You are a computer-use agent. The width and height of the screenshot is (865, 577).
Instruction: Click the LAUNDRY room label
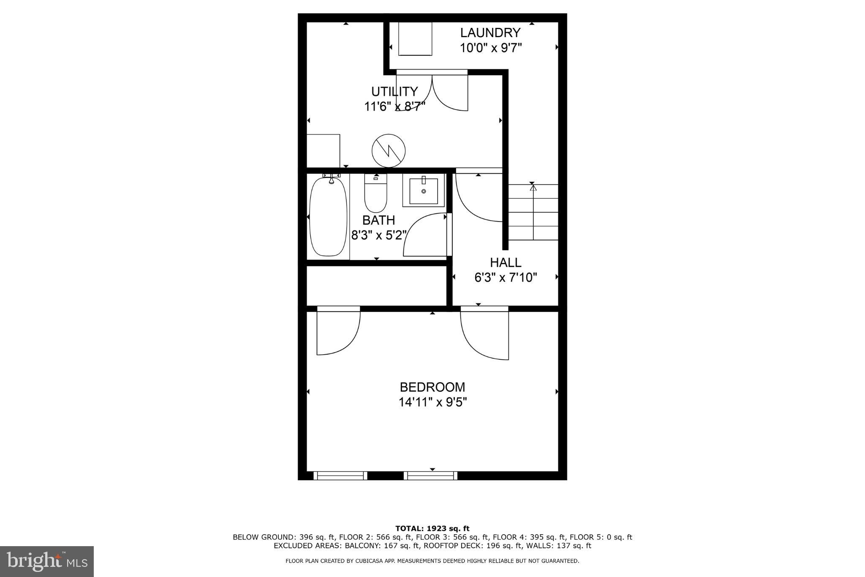(x=490, y=33)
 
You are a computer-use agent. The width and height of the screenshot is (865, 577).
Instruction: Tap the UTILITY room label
(x=394, y=91)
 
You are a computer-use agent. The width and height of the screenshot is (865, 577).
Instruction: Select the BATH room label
(x=378, y=220)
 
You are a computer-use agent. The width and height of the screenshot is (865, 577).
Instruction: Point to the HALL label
(x=506, y=263)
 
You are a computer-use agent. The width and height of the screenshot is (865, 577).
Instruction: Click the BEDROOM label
(x=432, y=387)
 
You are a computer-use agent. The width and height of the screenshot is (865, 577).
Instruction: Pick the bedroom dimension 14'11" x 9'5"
(x=432, y=402)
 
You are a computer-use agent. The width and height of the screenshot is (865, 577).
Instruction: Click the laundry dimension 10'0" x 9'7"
(x=490, y=48)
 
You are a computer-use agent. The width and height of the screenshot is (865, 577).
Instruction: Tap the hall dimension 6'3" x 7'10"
(x=506, y=278)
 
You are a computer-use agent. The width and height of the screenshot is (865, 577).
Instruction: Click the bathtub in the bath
(x=329, y=216)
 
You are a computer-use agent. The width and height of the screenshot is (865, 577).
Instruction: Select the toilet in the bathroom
(x=375, y=194)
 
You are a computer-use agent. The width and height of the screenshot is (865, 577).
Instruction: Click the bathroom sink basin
(x=423, y=191)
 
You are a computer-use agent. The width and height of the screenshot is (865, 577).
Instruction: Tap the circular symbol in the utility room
(x=389, y=150)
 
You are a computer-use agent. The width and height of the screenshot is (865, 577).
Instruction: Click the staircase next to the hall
(x=533, y=212)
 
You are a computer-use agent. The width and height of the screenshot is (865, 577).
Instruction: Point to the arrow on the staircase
(x=533, y=187)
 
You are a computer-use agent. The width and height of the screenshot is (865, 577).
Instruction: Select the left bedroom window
(x=340, y=475)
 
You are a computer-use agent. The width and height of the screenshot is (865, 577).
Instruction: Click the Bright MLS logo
(x=47, y=561)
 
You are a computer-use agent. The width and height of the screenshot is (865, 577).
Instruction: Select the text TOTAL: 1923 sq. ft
(x=432, y=528)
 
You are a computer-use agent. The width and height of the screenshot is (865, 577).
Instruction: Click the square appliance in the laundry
(x=415, y=38)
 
